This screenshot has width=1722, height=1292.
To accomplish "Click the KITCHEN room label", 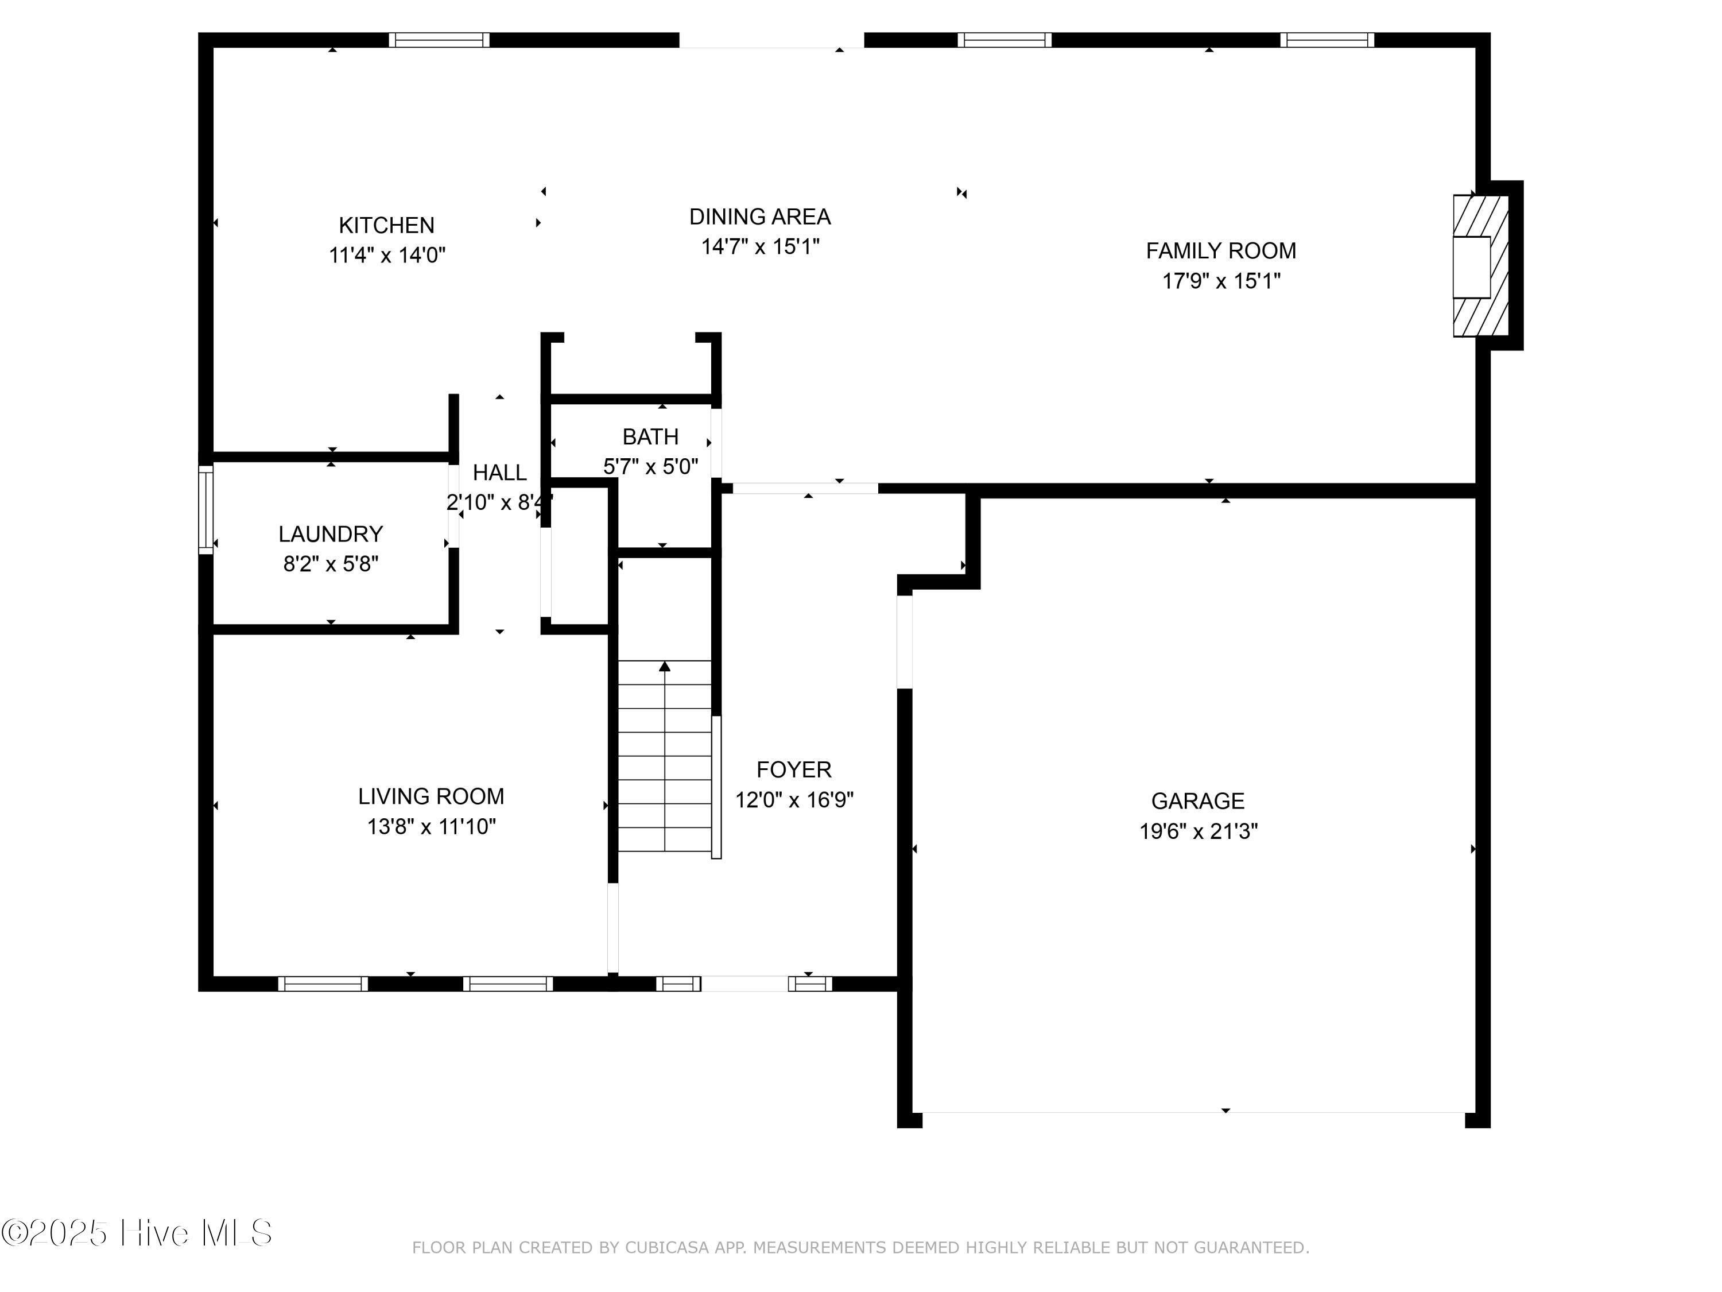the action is point(386,226).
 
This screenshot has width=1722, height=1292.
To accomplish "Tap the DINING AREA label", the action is point(760,217).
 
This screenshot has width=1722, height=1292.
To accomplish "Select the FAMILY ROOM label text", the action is point(1221,251).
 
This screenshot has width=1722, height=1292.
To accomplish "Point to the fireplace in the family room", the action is point(1481,265).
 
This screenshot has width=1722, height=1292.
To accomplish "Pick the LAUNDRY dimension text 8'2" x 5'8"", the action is point(331,564).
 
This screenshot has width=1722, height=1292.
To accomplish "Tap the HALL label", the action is point(500,473).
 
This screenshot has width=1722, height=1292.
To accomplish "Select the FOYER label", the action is point(794,770).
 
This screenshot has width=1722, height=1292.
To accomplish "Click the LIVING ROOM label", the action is point(431,796).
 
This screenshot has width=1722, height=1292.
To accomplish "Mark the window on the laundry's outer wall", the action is point(205,509).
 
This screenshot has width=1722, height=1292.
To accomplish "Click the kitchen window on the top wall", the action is point(439,40).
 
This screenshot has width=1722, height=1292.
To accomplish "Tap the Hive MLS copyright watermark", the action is point(137,1233).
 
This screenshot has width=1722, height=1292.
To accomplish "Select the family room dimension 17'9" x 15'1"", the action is point(1221,281).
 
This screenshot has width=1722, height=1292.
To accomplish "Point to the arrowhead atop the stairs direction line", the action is point(665,666).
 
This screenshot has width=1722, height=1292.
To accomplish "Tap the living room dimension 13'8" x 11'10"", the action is point(431,826).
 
